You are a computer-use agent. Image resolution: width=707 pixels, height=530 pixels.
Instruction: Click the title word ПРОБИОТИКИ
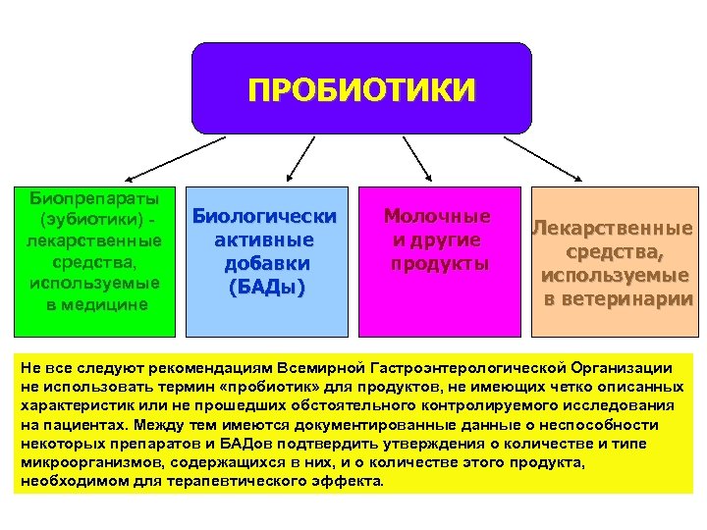(361, 91)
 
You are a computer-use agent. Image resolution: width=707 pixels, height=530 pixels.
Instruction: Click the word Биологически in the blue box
(265, 217)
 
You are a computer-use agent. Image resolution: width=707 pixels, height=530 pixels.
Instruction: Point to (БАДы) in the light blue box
(265, 287)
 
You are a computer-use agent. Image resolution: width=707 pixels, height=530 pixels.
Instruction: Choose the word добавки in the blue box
(266, 263)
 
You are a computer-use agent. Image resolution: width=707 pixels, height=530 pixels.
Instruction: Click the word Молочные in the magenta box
(438, 216)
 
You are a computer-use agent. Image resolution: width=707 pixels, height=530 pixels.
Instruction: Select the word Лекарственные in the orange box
(613, 229)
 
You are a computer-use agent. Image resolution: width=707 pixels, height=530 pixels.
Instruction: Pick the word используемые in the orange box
(613, 276)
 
